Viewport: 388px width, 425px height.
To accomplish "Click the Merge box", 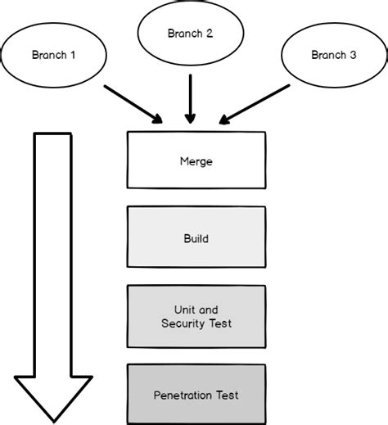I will point(196,161).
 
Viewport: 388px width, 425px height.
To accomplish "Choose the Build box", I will point(196,238).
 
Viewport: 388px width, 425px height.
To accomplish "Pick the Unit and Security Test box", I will point(196,316).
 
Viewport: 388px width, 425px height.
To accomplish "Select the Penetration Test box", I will point(196,394).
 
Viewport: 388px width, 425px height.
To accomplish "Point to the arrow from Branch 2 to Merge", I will point(190,97).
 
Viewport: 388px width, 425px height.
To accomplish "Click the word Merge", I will point(196,161).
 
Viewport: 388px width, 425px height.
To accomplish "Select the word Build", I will point(196,239).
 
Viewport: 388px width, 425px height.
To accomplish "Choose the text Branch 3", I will point(333,56).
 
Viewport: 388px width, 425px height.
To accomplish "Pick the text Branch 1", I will point(54,56).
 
